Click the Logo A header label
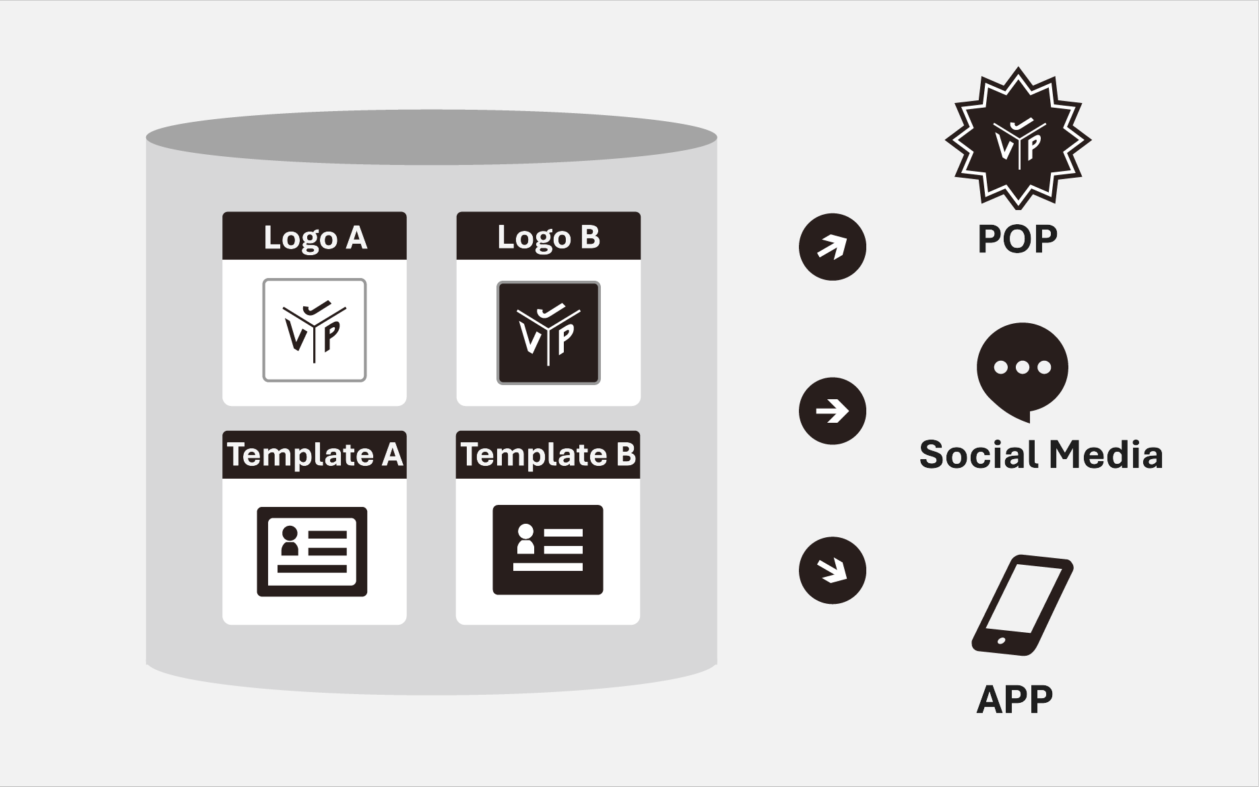[315, 237]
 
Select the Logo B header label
[548, 237]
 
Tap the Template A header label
[315, 454]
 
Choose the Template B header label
[548, 454]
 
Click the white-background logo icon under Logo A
[315, 331]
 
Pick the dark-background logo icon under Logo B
[548, 333]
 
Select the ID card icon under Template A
[312, 551]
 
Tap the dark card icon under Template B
[548, 549]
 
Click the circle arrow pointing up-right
[832, 246]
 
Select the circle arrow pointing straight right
[832, 411]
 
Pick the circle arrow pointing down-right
[832, 570]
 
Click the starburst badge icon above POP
[1018, 139]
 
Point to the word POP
[1017, 239]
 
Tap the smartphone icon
[1022, 605]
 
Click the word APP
[1014, 699]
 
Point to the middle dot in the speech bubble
[1023, 367]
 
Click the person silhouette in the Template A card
[290, 541]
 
